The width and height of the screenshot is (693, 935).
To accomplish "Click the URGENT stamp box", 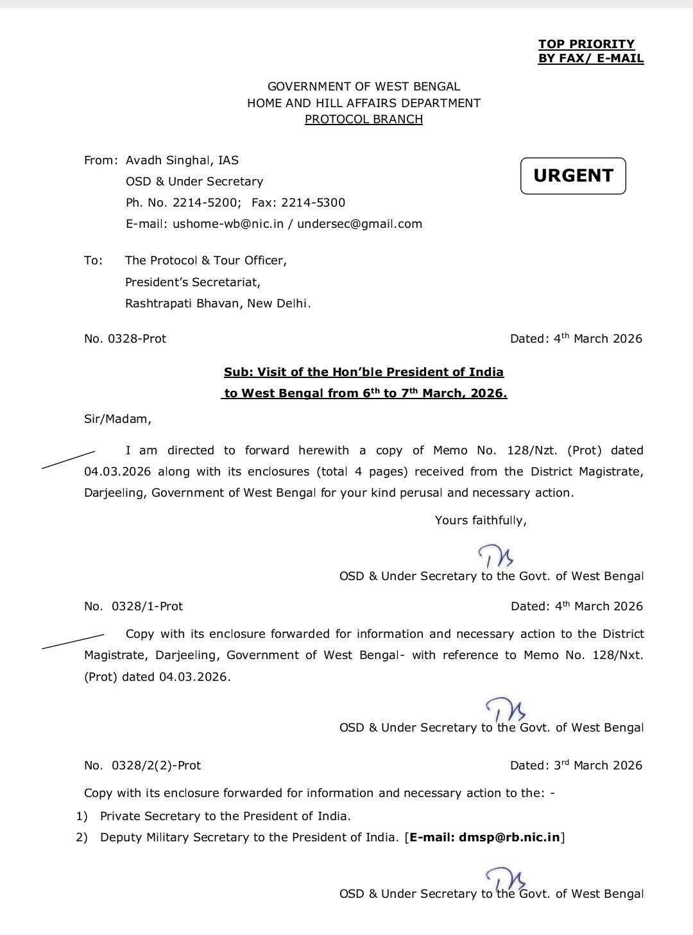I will click(573, 176).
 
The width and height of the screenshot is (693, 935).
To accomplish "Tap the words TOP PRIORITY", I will click(586, 44).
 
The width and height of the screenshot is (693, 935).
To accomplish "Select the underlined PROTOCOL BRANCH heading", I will click(363, 119).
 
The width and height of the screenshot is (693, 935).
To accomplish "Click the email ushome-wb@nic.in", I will click(228, 224).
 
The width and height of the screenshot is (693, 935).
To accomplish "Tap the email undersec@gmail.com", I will click(359, 224).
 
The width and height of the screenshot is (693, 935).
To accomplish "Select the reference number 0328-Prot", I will click(137, 339).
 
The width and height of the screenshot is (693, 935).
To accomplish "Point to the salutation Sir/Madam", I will click(117, 419).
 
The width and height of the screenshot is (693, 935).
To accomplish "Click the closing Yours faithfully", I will click(481, 520).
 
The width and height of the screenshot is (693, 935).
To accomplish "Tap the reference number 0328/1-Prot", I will click(147, 606).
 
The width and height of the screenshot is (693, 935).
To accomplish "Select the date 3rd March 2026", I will click(598, 766).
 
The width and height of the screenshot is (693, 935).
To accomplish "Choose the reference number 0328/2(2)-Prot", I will click(156, 766).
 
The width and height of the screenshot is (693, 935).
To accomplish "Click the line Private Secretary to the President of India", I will click(225, 816).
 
